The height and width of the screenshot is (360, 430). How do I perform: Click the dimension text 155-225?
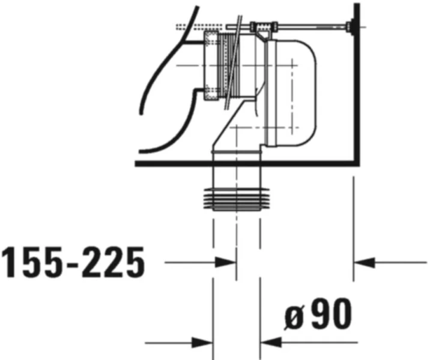73,263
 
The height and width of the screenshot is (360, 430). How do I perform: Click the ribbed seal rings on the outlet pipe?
236,199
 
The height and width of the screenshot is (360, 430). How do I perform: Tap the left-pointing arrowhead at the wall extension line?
364,262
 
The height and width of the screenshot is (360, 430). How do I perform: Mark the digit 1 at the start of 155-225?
11,263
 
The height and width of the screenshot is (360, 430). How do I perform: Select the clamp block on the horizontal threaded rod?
262,26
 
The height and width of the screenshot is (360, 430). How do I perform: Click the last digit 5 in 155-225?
133,263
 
